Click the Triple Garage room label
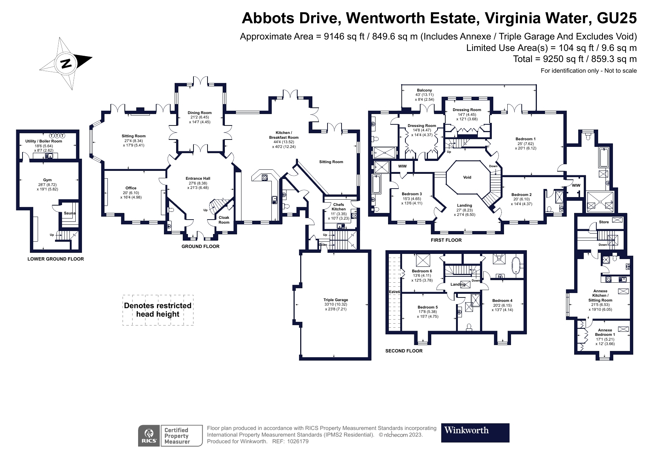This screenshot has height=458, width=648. pyautogui.click(x=336, y=300)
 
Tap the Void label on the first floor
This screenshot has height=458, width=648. pyautogui.click(x=467, y=177)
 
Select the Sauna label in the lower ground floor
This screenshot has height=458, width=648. pyautogui.click(x=69, y=213)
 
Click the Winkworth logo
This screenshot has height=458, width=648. pyautogui.click(x=475, y=433)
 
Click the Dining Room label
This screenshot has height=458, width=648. pyautogui.click(x=199, y=113)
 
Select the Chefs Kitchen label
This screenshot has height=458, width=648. pyautogui.click(x=339, y=207)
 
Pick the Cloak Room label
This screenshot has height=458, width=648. pyautogui.click(x=224, y=220)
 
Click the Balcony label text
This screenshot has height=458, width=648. pyautogui.click(x=424, y=90)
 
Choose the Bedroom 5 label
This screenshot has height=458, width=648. pyautogui.click(x=428, y=307)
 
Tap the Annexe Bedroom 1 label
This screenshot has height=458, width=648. pyautogui.click(x=605, y=332)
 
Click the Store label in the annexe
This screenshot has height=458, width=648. pyautogui.click(x=604, y=222)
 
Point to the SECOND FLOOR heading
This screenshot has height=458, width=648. pyautogui.click(x=404, y=351)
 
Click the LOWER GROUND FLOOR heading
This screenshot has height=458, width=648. pyautogui.click(x=56, y=259)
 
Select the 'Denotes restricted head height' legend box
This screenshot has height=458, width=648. pyautogui.click(x=158, y=310)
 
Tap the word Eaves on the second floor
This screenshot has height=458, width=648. pyautogui.click(x=394, y=292)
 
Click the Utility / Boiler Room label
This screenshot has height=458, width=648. pyautogui.click(x=44, y=141)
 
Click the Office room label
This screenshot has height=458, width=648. pyautogui.click(x=131, y=188)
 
